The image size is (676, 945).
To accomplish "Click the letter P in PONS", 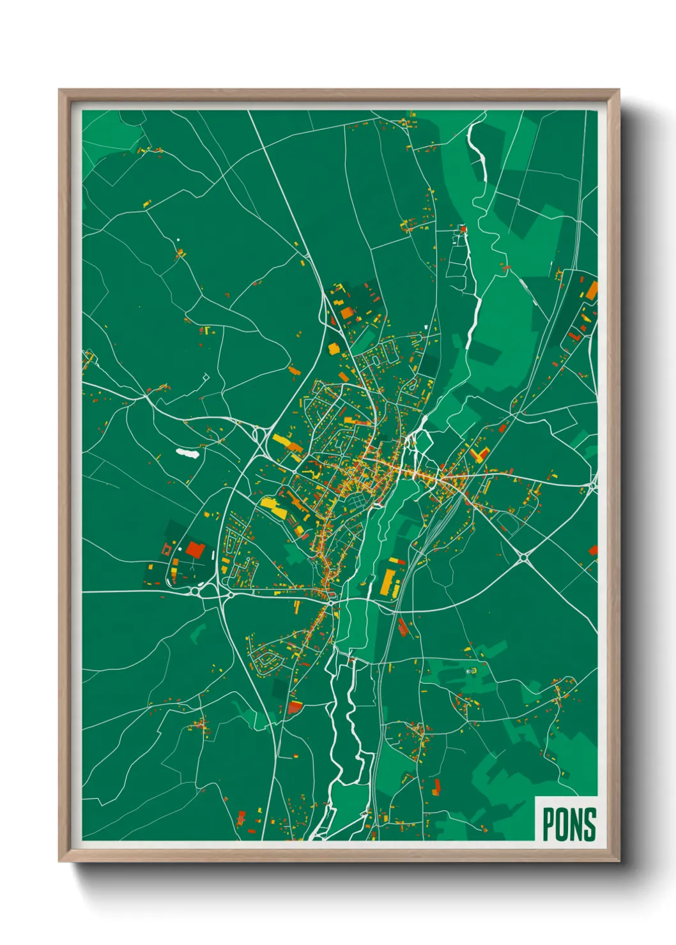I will click(549, 824).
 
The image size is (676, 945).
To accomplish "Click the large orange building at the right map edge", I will click(592, 291).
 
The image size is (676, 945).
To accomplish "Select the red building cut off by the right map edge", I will click(593, 550).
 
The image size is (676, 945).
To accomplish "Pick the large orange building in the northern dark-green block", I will click(346, 312).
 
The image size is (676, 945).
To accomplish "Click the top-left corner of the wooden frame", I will click(59, 90).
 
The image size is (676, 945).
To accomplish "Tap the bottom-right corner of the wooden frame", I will click(618, 861).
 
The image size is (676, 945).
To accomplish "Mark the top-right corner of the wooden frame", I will click(618, 90).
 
